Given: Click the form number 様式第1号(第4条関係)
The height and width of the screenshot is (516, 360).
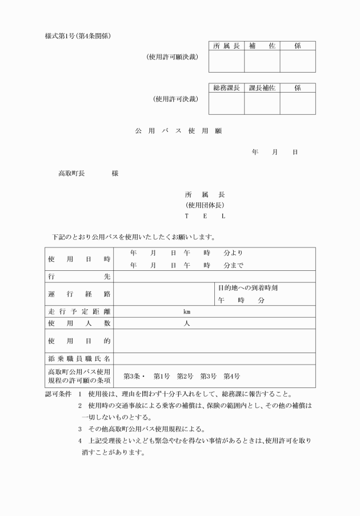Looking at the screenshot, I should pyautogui.click(x=77, y=36).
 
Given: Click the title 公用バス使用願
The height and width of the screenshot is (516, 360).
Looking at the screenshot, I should pyautogui.click(x=178, y=131).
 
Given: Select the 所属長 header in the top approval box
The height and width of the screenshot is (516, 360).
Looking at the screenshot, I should pyautogui.click(x=226, y=46).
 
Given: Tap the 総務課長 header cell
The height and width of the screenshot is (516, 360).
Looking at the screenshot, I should pyautogui.click(x=226, y=88).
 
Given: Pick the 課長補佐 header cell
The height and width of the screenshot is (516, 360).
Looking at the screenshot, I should pyautogui.click(x=262, y=88).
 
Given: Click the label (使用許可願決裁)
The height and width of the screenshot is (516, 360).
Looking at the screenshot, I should pyautogui.click(x=172, y=57).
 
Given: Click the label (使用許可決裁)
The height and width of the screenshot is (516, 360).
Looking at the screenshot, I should pyautogui.click(x=175, y=99).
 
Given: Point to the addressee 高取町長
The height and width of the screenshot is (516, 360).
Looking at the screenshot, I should pyautogui.click(x=71, y=173).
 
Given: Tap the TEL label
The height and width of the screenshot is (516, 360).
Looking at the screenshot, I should pyautogui.click(x=205, y=216).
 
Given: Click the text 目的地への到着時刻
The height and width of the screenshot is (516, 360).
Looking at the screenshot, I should pyautogui.click(x=247, y=288).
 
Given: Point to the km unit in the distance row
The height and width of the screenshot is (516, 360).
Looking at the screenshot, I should pyautogui.click(x=186, y=312).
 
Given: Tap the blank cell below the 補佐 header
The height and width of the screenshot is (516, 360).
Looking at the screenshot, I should pyautogui.click(x=262, y=61).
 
